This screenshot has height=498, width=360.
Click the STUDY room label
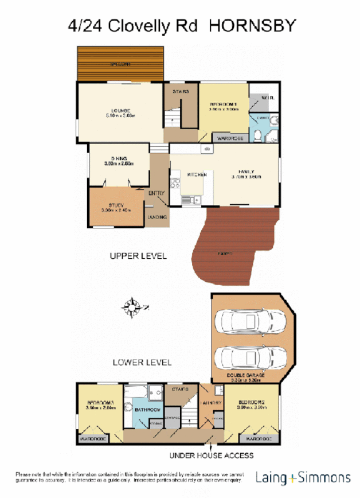[116, 205]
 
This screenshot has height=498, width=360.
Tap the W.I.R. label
[267, 98]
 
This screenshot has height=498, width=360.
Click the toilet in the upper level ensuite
[259, 135]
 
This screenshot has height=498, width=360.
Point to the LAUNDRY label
[211, 403]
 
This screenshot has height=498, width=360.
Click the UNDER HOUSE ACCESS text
[211, 455]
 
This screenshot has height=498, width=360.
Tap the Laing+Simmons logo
[303, 477]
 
